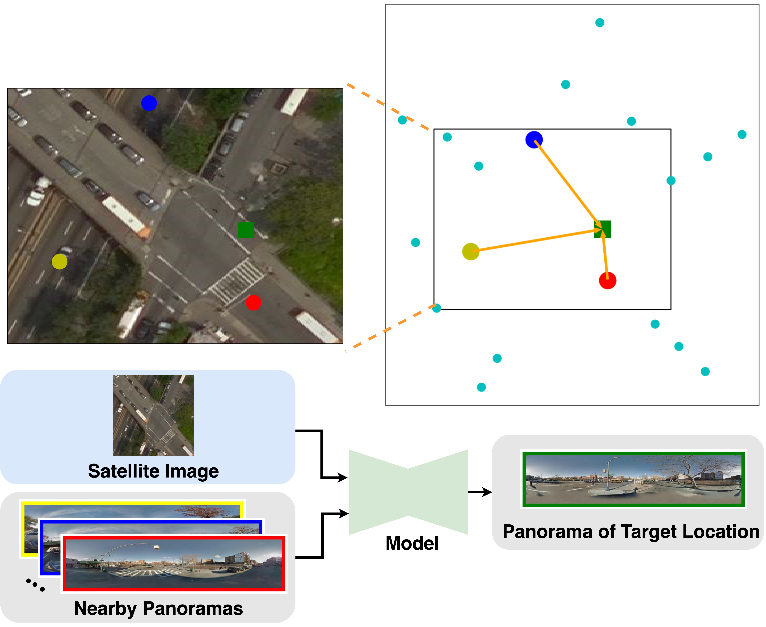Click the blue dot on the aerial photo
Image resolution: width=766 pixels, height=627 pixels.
[149, 103]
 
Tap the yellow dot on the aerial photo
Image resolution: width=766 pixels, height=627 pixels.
[60, 261]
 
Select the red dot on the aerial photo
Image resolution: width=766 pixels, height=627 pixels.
[253, 303]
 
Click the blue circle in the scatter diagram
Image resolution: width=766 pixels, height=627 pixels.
[534, 140]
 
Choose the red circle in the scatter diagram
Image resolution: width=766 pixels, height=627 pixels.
[607, 281]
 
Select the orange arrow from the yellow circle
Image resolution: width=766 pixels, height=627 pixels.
[535, 240]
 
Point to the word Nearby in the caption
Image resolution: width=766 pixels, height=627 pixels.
[105, 609]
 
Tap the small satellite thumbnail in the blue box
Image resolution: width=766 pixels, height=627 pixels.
[153, 415]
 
